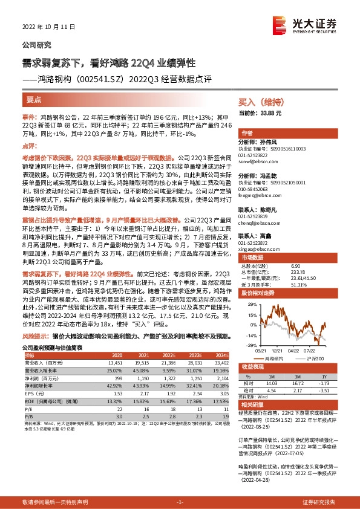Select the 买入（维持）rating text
(x=261, y=103)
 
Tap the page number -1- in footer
(x=180, y=502)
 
